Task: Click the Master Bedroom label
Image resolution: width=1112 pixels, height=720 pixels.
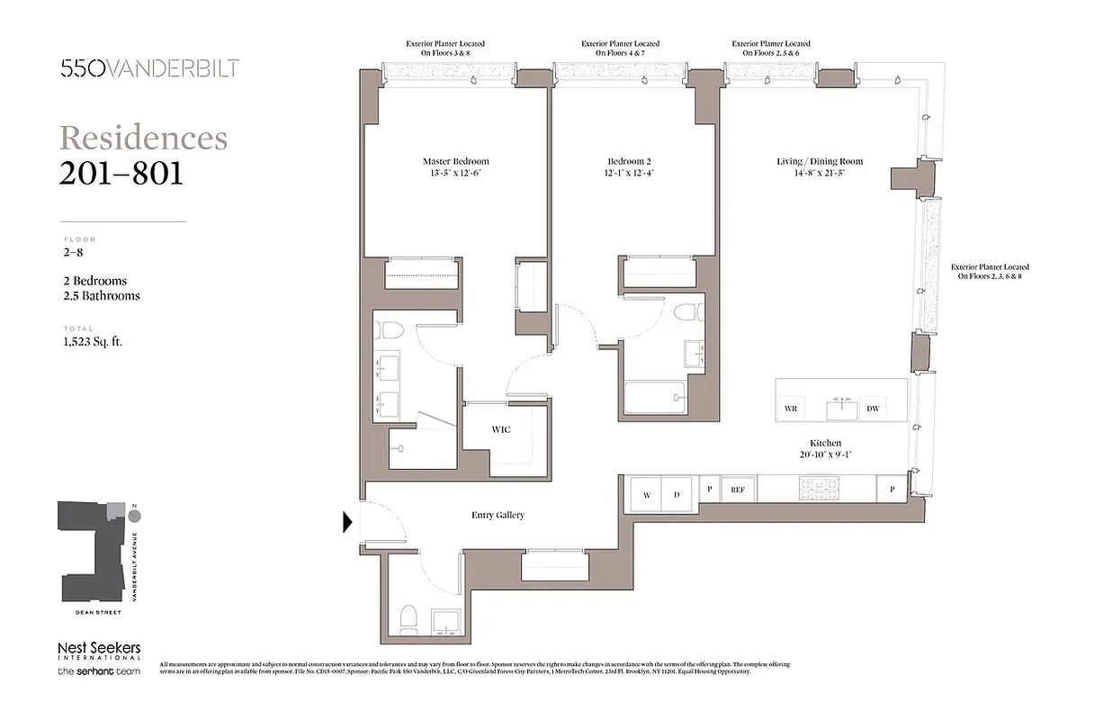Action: pyautogui.click(x=455, y=162)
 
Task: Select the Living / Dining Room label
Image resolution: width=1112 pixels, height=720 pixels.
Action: pyautogui.click(x=819, y=162)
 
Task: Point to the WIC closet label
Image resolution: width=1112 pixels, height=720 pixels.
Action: pyautogui.click(x=501, y=429)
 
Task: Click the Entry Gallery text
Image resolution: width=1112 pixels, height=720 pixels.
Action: pyautogui.click(x=498, y=516)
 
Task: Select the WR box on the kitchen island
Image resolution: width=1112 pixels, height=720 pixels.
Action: pyautogui.click(x=791, y=409)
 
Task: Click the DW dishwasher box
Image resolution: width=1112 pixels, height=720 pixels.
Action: pyautogui.click(x=872, y=409)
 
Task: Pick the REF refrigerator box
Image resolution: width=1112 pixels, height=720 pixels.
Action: pyautogui.click(x=738, y=490)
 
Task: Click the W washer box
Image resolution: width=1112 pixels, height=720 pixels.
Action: pyautogui.click(x=646, y=495)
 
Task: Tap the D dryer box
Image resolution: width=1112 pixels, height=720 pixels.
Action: pyautogui.click(x=677, y=495)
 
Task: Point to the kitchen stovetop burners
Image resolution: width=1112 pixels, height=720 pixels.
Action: pyautogui.click(x=818, y=489)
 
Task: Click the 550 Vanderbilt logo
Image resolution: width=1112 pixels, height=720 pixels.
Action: pyautogui.click(x=149, y=68)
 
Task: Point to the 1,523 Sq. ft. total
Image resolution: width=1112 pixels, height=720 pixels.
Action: pyautogui.click(x=93, y=342)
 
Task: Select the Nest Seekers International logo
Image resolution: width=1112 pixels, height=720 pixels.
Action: pyautogui.click(x=99, y=652)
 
